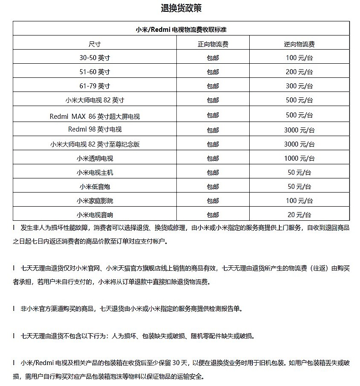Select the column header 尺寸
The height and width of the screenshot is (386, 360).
[94, 44]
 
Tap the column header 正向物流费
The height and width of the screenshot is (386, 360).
[213, 44]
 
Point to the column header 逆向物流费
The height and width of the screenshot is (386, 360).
[299, 44]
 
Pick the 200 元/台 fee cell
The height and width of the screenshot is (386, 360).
[299, 72]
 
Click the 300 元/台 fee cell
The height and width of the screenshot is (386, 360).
[299, 86]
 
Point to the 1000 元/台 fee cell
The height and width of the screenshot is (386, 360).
[299, 158]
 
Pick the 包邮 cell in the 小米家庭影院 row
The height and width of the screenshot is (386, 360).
[213, 201]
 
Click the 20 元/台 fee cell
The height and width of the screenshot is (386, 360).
[299, 215]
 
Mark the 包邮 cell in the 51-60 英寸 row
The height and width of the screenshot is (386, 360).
[213, 72]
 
